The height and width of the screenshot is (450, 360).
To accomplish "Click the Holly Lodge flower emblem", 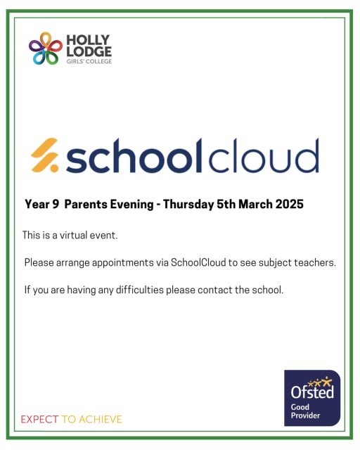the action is point(46,48).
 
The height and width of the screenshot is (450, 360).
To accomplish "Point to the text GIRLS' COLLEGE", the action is point(88,61).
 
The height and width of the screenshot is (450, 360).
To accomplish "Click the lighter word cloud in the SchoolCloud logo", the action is point(263,155).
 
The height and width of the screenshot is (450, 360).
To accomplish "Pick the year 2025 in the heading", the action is point(288,205).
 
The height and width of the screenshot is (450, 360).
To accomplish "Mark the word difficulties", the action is point(114,290).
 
